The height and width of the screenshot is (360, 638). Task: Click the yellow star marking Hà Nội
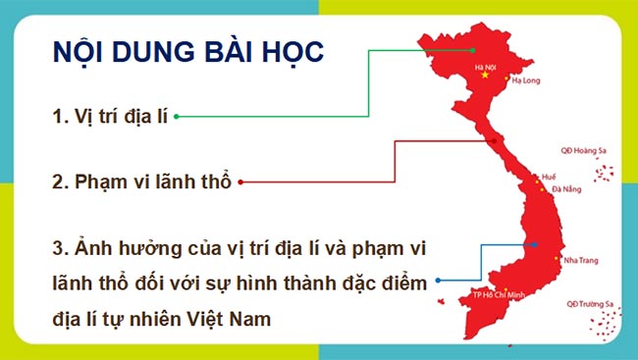484,77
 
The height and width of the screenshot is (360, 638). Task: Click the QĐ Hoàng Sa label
579,151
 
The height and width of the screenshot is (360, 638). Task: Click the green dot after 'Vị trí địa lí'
177,116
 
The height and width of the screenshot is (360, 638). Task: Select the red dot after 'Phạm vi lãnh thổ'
240,181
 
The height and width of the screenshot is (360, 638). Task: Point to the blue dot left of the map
438,281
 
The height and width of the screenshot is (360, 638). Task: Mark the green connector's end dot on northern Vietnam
472,50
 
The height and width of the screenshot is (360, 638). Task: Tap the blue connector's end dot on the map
535,245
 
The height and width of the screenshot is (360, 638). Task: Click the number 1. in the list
59,116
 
